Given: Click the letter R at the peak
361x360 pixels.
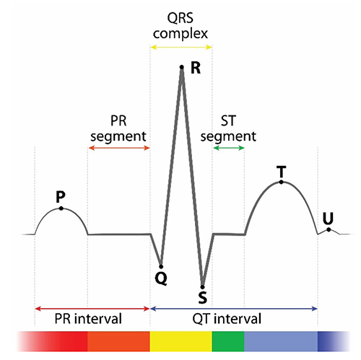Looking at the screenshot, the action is [x=196, y=68].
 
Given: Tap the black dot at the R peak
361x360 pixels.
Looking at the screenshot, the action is [x=182, y=67].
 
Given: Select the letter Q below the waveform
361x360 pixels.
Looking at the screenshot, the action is [x=161, y=278].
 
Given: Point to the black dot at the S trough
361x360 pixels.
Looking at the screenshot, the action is [x=203, y=287].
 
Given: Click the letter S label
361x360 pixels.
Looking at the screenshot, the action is [x=203, y=297].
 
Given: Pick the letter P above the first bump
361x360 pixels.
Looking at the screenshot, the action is [x=61, y=197].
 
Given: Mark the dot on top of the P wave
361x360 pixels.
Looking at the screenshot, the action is [x=61, y=208].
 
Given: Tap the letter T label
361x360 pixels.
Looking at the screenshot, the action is [x=281, y=172].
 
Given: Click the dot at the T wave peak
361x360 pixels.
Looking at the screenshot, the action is [x=281, y=182].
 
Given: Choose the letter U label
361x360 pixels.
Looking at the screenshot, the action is [x=328, y=219].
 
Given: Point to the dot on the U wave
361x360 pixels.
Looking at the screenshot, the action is [x=329, y=229].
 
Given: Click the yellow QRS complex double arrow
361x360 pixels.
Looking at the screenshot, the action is [x=181, y=47].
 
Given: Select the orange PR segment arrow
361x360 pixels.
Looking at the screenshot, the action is [x=119, y=148].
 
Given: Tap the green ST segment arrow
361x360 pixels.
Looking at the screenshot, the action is [x=229, y=148].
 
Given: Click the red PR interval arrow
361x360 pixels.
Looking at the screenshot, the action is [x=92, y=309].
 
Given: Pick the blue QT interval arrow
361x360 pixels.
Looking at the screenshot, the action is [x=234, y=309].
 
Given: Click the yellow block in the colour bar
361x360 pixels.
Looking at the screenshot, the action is [x=181, y=341].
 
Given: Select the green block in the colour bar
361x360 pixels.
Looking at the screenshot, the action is [x=228, y=341].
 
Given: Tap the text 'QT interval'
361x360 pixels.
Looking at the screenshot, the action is [x=227, y=319].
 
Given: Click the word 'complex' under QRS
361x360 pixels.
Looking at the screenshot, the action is [x=180, y=34].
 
